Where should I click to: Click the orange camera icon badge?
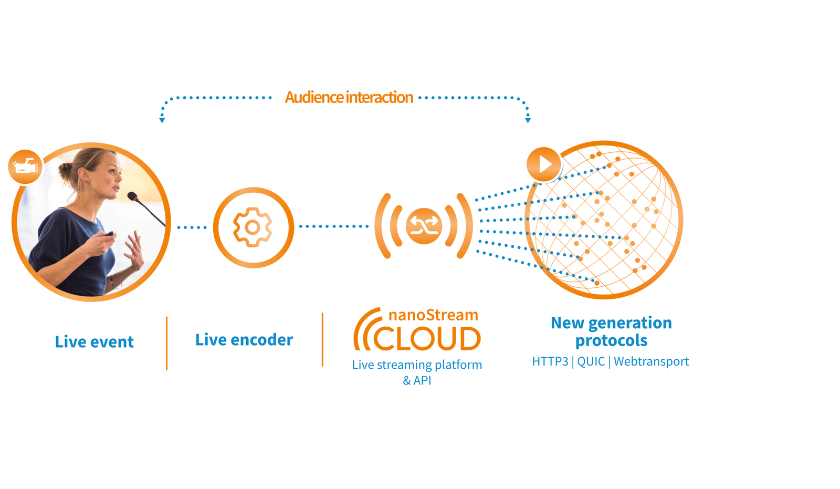[x=25, y=167]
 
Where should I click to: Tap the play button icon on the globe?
[x=544, y=164]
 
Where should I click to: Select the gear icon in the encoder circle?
[x=253, y=227]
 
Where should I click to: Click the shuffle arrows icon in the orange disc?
[x=424, y=226]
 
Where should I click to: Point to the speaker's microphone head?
[x=132, y=196]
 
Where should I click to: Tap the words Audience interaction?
[x=349, y=98]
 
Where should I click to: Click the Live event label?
[x=94, y=342]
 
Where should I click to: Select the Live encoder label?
[x=244, y=340]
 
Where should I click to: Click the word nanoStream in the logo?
[x=433, y=315]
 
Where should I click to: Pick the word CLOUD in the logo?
[x=426, y=339]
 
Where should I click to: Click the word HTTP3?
[x=550, y=361]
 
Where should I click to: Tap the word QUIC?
[x=591, y=361]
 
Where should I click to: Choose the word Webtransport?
[x=651, y=361]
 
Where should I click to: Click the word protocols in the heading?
[x=611, y=340]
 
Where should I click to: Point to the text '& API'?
[x=417, y=380]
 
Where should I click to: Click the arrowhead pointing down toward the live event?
[x=162, y=120]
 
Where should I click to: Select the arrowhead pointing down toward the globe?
[x=528, y=120]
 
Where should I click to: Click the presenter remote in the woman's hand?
[x=109, y=234]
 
